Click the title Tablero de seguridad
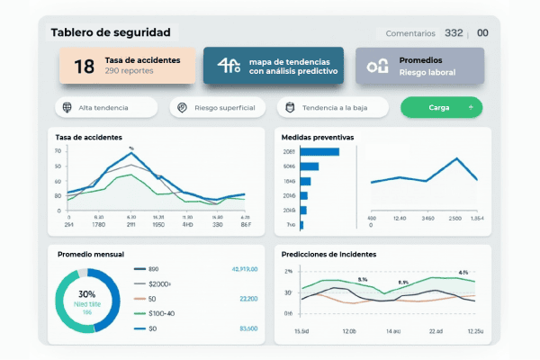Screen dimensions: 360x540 (110, 32)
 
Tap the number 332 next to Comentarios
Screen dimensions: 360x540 (454, 32)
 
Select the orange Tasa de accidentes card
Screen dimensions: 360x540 (127, 66)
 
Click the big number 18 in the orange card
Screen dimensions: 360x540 (84, 66)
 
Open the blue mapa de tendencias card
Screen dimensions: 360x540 (273, 66)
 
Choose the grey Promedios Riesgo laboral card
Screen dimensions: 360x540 (419, 66)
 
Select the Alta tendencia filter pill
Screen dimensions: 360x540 (104, 108)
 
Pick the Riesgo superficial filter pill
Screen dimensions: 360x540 (218, 108)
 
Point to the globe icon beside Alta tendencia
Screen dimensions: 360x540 (67, 108)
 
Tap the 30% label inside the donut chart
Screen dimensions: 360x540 (86, 294)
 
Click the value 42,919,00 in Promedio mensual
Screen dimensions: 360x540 (245, 269)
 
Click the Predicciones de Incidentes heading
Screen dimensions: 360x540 (328, 255)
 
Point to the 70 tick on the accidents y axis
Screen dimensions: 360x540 (58, 151)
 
